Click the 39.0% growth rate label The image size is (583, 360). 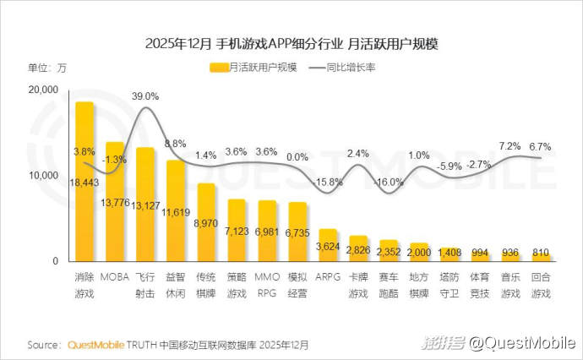point(145,97)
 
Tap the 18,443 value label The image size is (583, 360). point(84,183)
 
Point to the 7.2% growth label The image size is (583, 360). point(510,146)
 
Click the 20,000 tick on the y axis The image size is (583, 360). point(43,90)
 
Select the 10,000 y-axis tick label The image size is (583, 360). point(43,176)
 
